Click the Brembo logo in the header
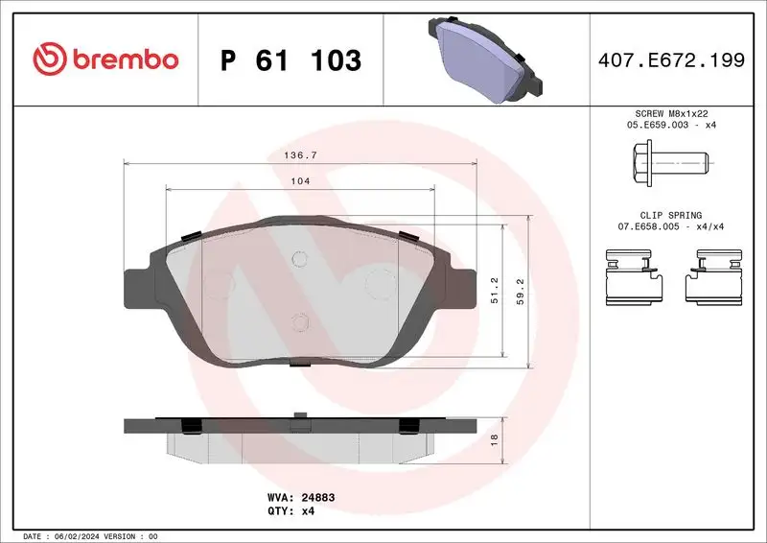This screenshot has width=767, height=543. (105, 59)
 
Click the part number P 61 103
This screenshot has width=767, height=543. (291, 60)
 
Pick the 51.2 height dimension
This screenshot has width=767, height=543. (495, 291)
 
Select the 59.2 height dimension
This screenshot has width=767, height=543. (521, 291)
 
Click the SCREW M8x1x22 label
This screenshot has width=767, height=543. (670, 113)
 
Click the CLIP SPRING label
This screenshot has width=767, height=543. (670, 215)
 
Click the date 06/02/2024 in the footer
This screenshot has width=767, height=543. (86, 535)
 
